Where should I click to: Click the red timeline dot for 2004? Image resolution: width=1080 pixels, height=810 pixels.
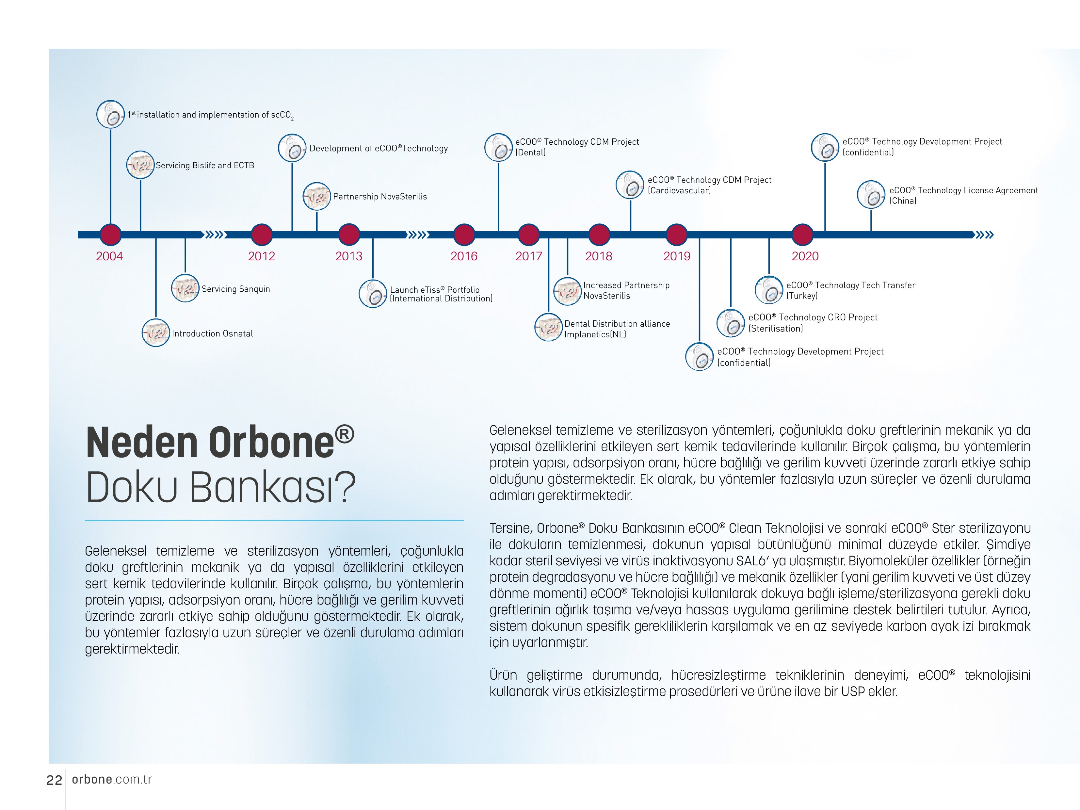click(x=110, y=235)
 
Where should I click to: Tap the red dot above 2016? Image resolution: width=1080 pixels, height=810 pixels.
click(x=464, y=235)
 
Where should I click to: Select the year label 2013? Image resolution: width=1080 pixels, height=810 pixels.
click(x=348, y=256)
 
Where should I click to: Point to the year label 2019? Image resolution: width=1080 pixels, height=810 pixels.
click(x=677, y=256)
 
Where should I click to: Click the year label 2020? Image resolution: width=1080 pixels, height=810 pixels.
click(x=805, y=256)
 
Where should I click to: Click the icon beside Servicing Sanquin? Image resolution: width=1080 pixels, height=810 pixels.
click(x=185, y=288)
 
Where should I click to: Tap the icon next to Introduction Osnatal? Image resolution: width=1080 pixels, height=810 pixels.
click(x=156, y=333)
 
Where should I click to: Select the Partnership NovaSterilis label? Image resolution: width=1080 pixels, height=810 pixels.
click(x=380, y=197)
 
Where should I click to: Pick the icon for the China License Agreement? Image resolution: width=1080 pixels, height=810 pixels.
click(x=871, y=195)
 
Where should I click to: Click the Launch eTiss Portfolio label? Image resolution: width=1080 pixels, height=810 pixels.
click(x=441, y=294)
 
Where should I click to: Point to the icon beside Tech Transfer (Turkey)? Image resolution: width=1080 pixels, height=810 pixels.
click(x=769, y=290)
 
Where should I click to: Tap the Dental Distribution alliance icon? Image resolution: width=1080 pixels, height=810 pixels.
click(x=549, y=327)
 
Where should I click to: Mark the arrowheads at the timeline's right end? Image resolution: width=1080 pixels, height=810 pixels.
click(x=985, y=235)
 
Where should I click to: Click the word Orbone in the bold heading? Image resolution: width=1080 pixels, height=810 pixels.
click(x=271, y=443)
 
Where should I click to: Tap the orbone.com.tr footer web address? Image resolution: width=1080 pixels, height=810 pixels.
click(x=112, y=780)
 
